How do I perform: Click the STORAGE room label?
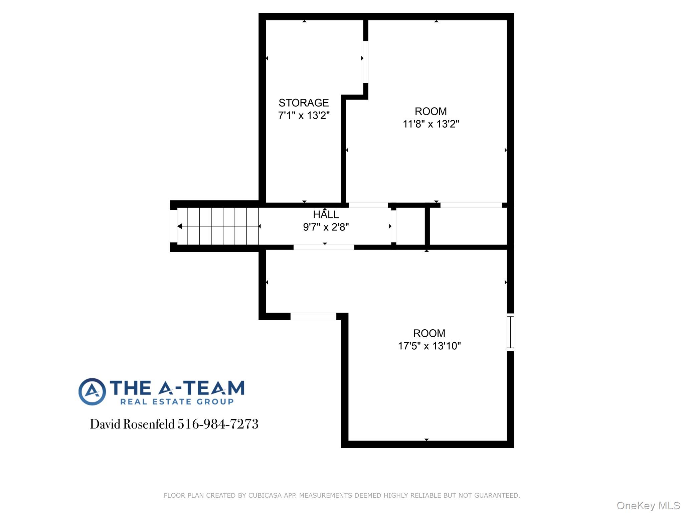pos(304,103)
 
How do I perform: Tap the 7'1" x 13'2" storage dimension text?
pos(304,116)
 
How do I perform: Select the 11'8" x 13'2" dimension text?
pos(431,124)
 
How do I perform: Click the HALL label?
pos(326,214)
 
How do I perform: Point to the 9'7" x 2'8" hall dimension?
pos(326,227)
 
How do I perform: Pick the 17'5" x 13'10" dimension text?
pos(429,346)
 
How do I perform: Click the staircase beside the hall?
pos(218,226)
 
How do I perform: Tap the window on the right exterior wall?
pos(510,332)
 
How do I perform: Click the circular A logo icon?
pos(92,392)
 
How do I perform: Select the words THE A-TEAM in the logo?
pos(177,388)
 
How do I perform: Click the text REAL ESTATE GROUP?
pos(177,402)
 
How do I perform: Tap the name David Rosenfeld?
pos(132,424)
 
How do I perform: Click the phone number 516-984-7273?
pos(218,424)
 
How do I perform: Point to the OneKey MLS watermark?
pos(648,506)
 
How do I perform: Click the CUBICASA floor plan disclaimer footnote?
pos(342,495)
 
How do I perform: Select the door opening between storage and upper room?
pos(366,62)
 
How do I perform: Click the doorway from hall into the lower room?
pos(324,247)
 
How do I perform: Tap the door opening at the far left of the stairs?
pos(173,226)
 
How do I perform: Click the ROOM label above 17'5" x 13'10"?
pos(429,333)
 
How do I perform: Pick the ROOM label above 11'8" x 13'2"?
pos(431,111)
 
